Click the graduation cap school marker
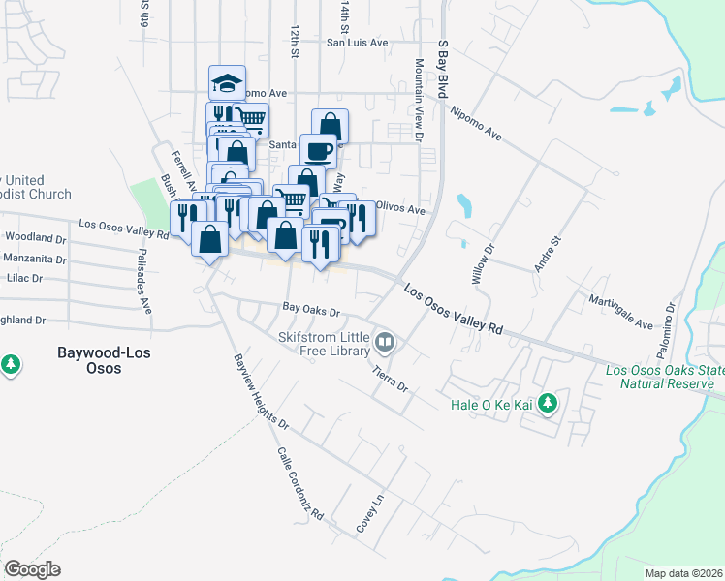click(227, 83)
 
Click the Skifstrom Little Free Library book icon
click(385, 343)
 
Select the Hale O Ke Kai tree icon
click(548, 402)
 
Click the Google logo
click(32, 569)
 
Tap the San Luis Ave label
click(357, 43)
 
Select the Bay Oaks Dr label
click(311, 312)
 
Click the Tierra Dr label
click(392, 375)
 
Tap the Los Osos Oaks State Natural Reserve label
click(663, 377)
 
